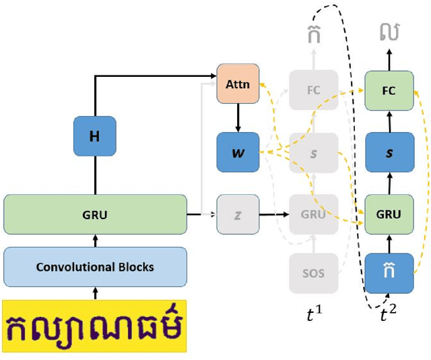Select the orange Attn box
[x=238, y=84]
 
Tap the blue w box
[x=238, y=152]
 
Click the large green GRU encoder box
[x=95, y=214]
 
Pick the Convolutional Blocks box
[x=95, y=267]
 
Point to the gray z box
[x=238, y=214]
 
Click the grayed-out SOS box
[x=313, y=273]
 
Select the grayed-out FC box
[x=313, y=89]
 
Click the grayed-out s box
[x=313, y=152]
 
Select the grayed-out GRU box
[x=313, y=214]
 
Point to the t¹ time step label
[x=313, y=313]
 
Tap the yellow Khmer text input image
[x=95, y=326]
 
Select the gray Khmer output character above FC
[x=313, y=32]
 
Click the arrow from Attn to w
[x=238, y=118]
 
